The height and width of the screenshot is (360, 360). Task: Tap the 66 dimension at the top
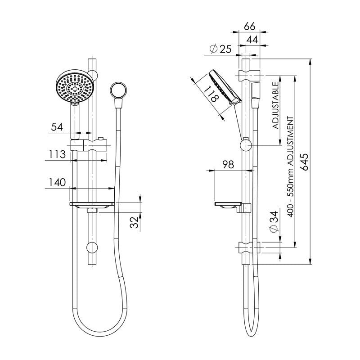(249, 27)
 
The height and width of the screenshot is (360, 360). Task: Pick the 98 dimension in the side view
(229, 165)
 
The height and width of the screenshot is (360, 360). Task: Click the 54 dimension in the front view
(57, 127)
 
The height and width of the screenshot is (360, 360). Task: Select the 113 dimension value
(57, 154)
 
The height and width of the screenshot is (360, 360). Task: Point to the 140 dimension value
(57, 182)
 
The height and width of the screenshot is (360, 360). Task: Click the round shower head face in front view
(75, 87)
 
